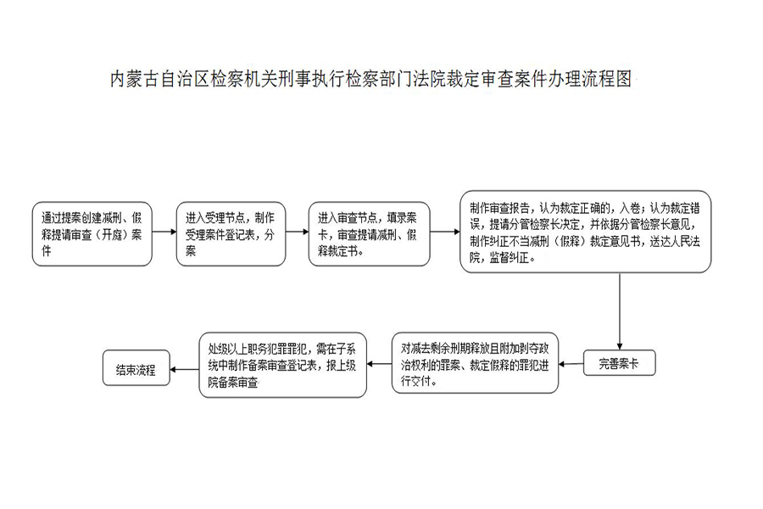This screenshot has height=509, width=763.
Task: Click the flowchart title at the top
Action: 370,79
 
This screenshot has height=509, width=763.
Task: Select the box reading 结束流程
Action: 136,368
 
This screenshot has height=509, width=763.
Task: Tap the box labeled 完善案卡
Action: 620,363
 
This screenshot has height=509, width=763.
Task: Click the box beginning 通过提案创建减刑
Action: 92,234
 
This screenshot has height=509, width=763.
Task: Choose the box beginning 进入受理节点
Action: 231,234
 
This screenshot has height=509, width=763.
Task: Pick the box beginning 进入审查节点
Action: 370,234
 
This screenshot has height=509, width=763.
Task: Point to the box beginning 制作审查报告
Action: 585,232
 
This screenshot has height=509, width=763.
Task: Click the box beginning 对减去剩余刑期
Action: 475,363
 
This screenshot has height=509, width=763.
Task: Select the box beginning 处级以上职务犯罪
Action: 282,365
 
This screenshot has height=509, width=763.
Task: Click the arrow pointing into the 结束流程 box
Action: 185,369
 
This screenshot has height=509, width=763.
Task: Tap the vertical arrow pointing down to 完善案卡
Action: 620,311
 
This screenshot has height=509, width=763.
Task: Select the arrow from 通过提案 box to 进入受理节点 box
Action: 164,232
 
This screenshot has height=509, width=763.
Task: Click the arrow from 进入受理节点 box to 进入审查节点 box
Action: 298,232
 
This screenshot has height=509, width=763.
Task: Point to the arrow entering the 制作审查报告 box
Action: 445,232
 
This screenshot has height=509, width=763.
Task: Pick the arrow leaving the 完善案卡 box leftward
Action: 571,364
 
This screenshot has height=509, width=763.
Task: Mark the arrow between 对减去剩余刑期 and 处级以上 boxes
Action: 379,364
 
